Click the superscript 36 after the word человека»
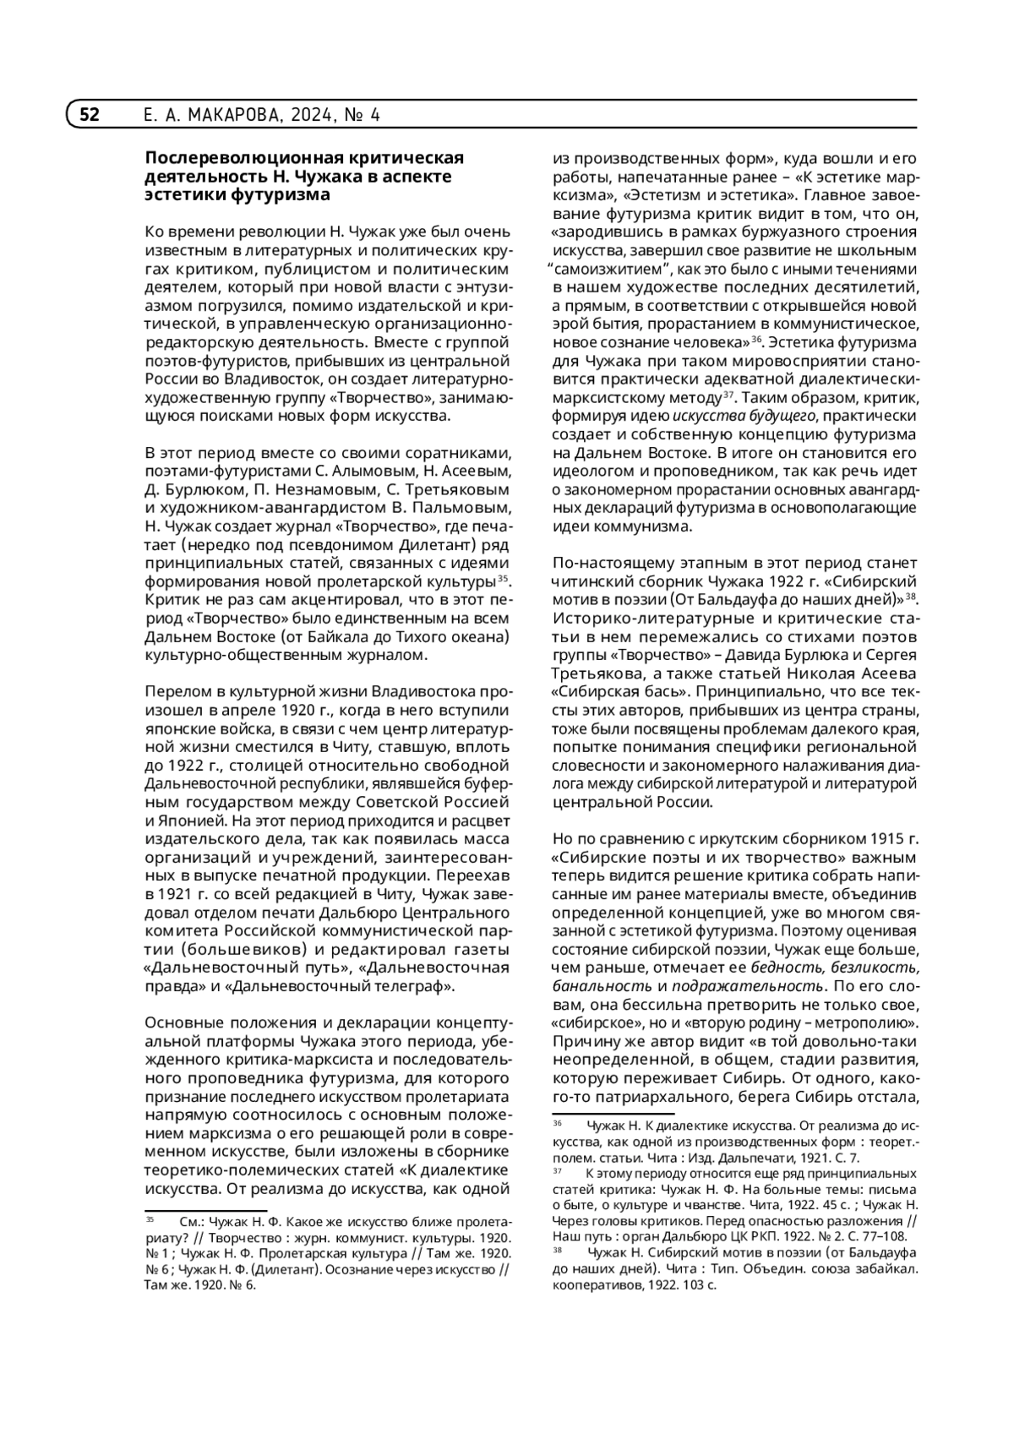pos(756,338)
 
